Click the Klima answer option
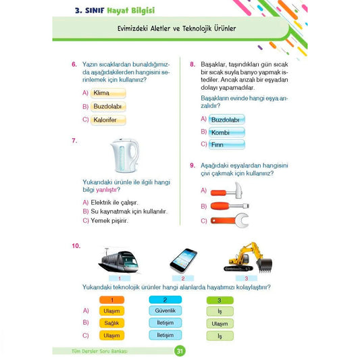coord(108,93)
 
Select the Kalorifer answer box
coord(108,120)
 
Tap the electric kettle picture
coord(125,155)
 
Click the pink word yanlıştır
coord(107,190)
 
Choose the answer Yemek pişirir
coord(109,221)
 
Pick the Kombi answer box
coord(227,132)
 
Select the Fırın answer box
coord(227,145)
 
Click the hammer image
coord(226,190)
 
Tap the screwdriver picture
coord(230,206)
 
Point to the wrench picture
coord(230,221)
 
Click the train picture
coord(119,261)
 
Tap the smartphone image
coord(183,261)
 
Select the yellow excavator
coord(248,257)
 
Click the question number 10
coord(76,246)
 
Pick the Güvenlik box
coord(165,311)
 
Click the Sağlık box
coord(112,323)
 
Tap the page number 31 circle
coord(180,351)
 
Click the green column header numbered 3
coord(220,300)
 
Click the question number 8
coord(192,64)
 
